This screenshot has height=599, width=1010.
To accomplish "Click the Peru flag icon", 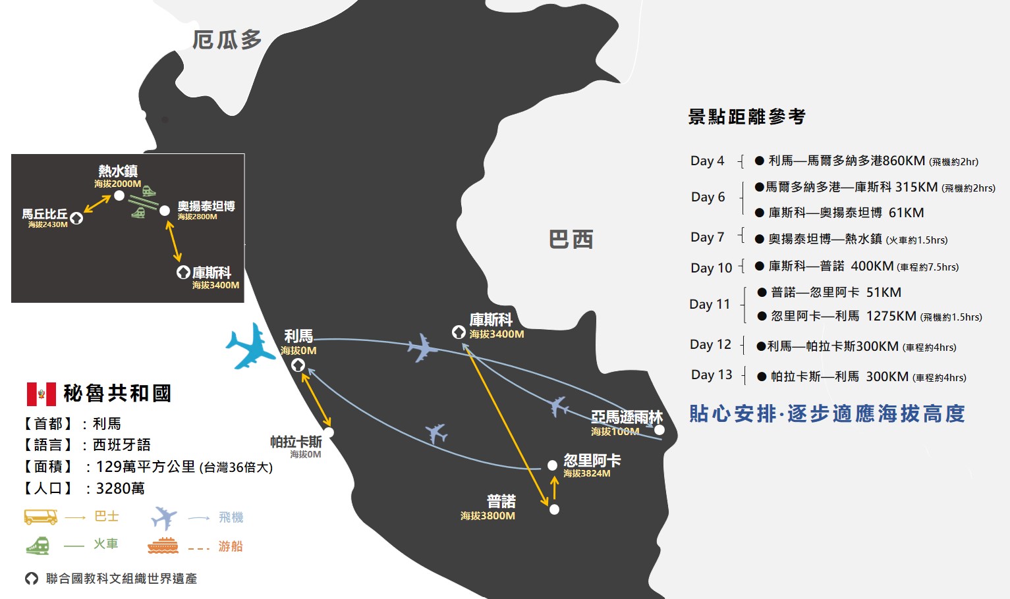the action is (x=42, y=394).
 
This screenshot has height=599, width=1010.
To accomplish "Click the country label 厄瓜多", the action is (x=227, y=39).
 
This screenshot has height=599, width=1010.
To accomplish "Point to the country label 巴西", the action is (x=571, y=239).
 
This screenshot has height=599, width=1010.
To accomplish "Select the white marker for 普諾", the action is (x=554, y=509).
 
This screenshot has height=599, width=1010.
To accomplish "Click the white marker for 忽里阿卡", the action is (x=552, y=465).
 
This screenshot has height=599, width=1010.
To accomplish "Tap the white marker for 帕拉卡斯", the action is (x=329, y=432).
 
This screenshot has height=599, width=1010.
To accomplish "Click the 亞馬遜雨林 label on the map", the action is (x=627, y=417).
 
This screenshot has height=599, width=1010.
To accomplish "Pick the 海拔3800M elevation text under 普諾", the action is (x=488, y=515).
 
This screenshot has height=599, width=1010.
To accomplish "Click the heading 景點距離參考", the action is (x=746, y=117).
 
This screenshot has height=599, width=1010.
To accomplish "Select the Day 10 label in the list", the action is (x=712, y=268).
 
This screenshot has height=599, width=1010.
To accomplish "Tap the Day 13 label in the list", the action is (x=712, y=375).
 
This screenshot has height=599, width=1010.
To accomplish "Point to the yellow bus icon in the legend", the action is (x=41, y=517).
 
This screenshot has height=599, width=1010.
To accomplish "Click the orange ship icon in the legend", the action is (x=163, y=546).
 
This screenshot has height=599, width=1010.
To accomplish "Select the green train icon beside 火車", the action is (x=38, y=546).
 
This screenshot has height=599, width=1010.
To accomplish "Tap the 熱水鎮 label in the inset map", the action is (x=118, y=171).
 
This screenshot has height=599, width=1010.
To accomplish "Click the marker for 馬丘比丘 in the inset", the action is (x=76, y=219).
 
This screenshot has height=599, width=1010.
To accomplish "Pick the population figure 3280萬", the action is (x=121, y=488).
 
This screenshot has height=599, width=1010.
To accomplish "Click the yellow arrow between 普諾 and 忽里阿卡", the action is (x=555, y=487).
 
